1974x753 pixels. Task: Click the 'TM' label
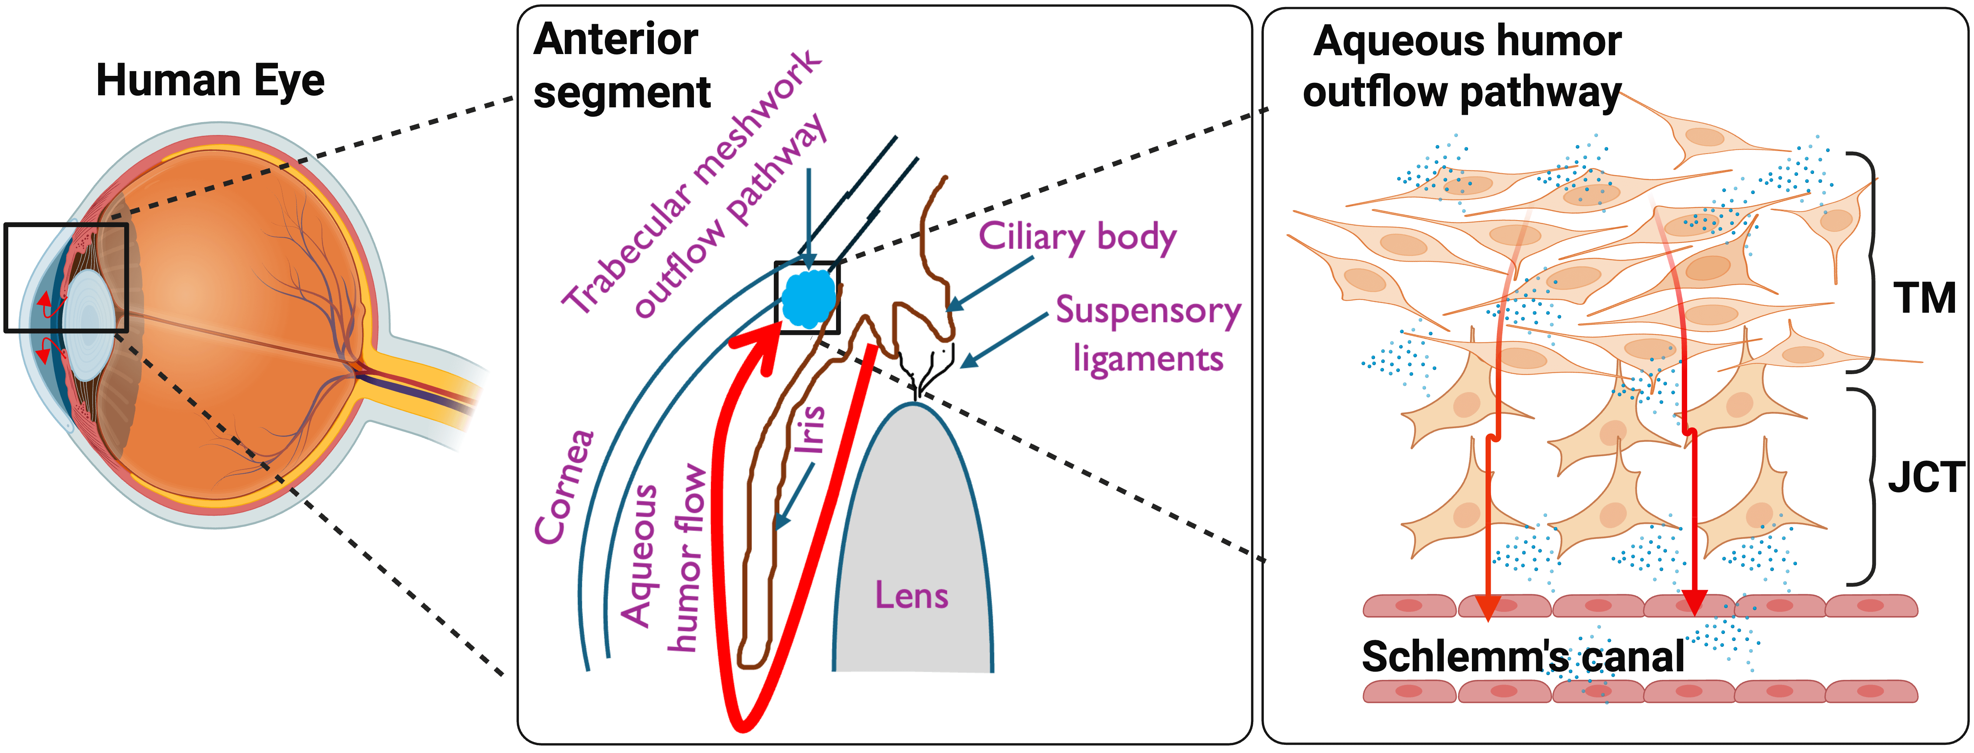(1923, 299)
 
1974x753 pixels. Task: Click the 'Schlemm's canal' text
(1523, 657)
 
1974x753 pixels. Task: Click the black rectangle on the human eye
(66, 277)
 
